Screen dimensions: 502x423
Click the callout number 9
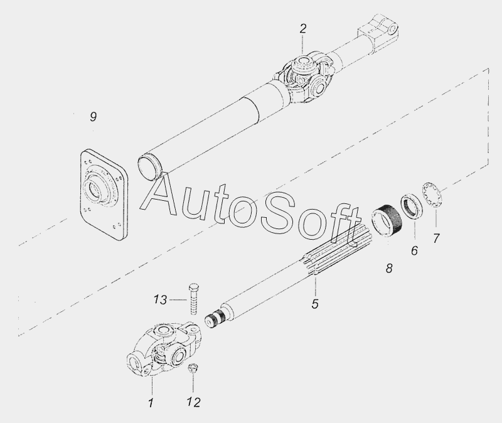pyautogui.click(x=93, y=117)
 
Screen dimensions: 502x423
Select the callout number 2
pyautogui.click(x=303, y=29)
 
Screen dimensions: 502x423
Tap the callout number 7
pyautogui.click(x=436, y=238)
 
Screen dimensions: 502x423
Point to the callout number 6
pyautogui.click(x=414, y=250)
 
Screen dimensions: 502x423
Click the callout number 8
pyautogui.click(x=389, y=269)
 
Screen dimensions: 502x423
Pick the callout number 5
pyautogui.click(x=315, y=304)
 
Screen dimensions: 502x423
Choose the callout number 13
pyautogui.click(x=160, y=300)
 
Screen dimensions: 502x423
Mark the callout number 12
pyautogui.click(x=194, y=402)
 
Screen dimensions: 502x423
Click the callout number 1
pyautogui.click(x=151, y=403)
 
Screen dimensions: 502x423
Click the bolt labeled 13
pyautogui.click(x=193, y=299)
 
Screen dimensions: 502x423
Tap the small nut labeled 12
pyautogui.click(x=193, y=368)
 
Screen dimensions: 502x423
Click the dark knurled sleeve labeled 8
pyautogui.click(x=387, y=221)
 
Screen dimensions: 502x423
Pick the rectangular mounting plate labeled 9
pyautogui.click(x=104, y=195)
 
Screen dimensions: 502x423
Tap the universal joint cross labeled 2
pyautogui.click(x=304, y=78)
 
